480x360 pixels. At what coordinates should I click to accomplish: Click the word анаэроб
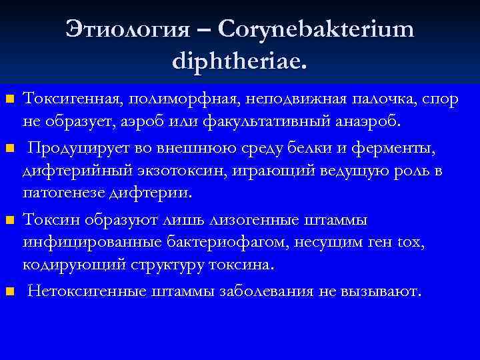tap(367, 122)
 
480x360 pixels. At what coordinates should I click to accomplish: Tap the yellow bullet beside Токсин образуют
tap(9, 219)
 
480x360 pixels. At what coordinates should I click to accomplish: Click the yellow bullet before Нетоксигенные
tap(9, 291)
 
